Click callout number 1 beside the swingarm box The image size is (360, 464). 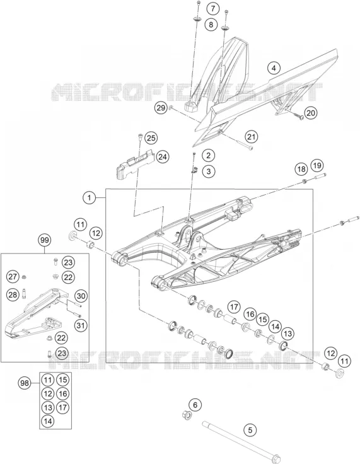(x=90, y=197)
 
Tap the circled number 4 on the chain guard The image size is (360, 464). (x=274, y=68)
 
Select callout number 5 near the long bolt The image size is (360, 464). (x=250, y=429)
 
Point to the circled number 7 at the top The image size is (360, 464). (x=213, y=8)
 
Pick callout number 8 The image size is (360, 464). (x=211, y=24)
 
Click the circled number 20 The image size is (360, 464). (x=311, y=113)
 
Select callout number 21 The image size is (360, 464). (x=252, y=137)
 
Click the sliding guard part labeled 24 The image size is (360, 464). (x=135, y=164)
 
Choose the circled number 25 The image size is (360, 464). (x=151, y=138)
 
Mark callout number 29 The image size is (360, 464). (x=161, y=108)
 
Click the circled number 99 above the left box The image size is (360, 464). (x=44, y=240)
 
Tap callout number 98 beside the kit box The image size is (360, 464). (x=25, y=383)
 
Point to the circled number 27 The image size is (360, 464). (x=13, y=277)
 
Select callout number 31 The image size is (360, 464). (x=81, y=325)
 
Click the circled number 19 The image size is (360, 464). (x=317, y=165)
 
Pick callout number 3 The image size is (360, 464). (x=209, y=171)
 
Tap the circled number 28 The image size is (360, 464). (x=13, y=294)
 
